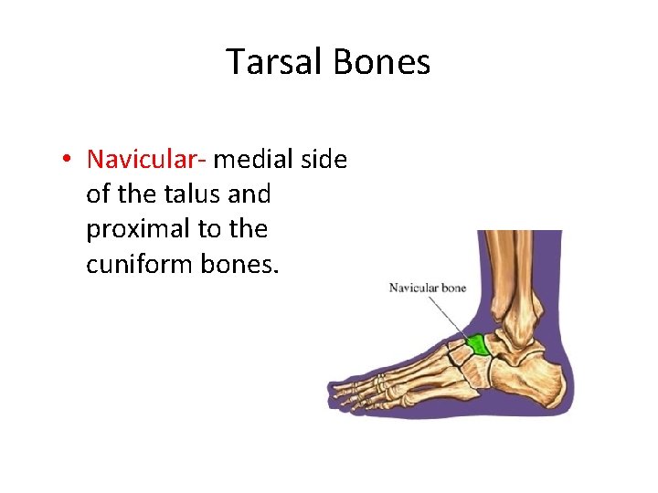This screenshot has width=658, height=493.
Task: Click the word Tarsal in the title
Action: coord(274,62)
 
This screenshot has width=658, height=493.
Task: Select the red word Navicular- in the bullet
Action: coord(147,159)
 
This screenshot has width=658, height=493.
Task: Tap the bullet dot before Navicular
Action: coord(68,160)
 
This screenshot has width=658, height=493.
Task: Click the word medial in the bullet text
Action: coord(250,159)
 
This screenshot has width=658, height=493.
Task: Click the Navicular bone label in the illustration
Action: coord(428,288)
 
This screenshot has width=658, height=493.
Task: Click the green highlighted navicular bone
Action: coord(475,345)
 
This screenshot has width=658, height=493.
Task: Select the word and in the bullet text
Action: coord(252,194)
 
